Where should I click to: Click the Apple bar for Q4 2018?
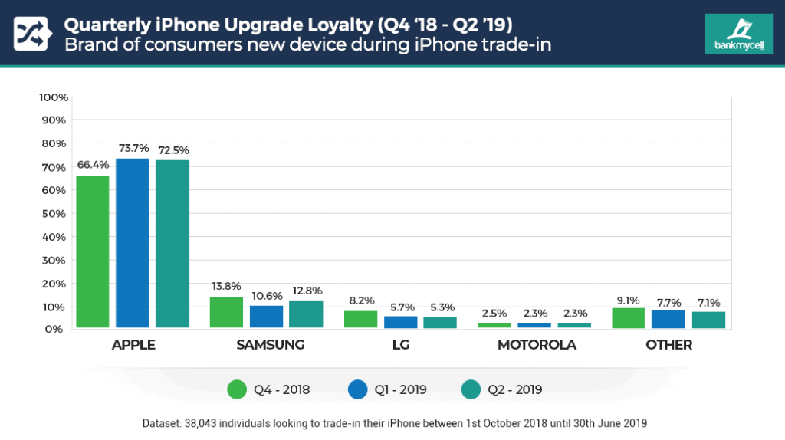pos(92,252)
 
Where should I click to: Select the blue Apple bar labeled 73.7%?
pos(132,244)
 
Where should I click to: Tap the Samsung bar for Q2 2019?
pos(306,315)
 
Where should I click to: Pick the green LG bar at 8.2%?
pos(360,320)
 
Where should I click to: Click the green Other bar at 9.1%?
pos(629,318)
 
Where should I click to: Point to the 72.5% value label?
pos(172,150)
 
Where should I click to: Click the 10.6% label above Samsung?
pos(266,296)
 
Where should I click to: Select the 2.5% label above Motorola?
pos(494,314)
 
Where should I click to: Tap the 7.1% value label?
pos(708,303)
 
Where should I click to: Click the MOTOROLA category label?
pos(536,345)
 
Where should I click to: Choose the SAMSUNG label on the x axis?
pos(270,345)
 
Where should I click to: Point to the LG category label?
pos(400,345)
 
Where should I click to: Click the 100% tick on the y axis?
pos(54,97)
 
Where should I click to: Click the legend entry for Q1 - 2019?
pos(387,389)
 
